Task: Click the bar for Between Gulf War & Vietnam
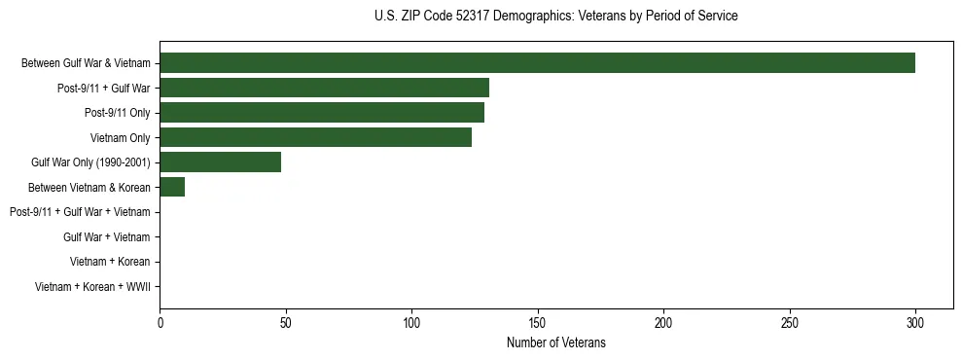click(537, 63)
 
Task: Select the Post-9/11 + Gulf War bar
click(324, 88)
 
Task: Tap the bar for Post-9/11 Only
click(322, 113)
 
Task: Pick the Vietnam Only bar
click(315, 137)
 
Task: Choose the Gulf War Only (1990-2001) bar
click(220, 162)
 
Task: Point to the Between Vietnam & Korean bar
click(172, 187)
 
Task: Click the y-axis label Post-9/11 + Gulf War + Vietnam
click(80, 212)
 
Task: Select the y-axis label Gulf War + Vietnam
click(107, 236)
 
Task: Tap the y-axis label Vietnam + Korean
click(110, 262)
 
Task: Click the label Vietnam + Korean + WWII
click(92, 287)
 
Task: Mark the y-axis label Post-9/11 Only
click(118, 113)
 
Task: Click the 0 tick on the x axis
click(160, 322)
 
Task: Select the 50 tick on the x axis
click(286, 322)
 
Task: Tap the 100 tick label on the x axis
click(411, 322)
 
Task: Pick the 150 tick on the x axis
click(538, 322)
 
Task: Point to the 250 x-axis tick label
click(790, 322)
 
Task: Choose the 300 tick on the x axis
click(915, 322)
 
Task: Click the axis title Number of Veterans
click(556, 342)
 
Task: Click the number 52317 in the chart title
click(472, 16)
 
